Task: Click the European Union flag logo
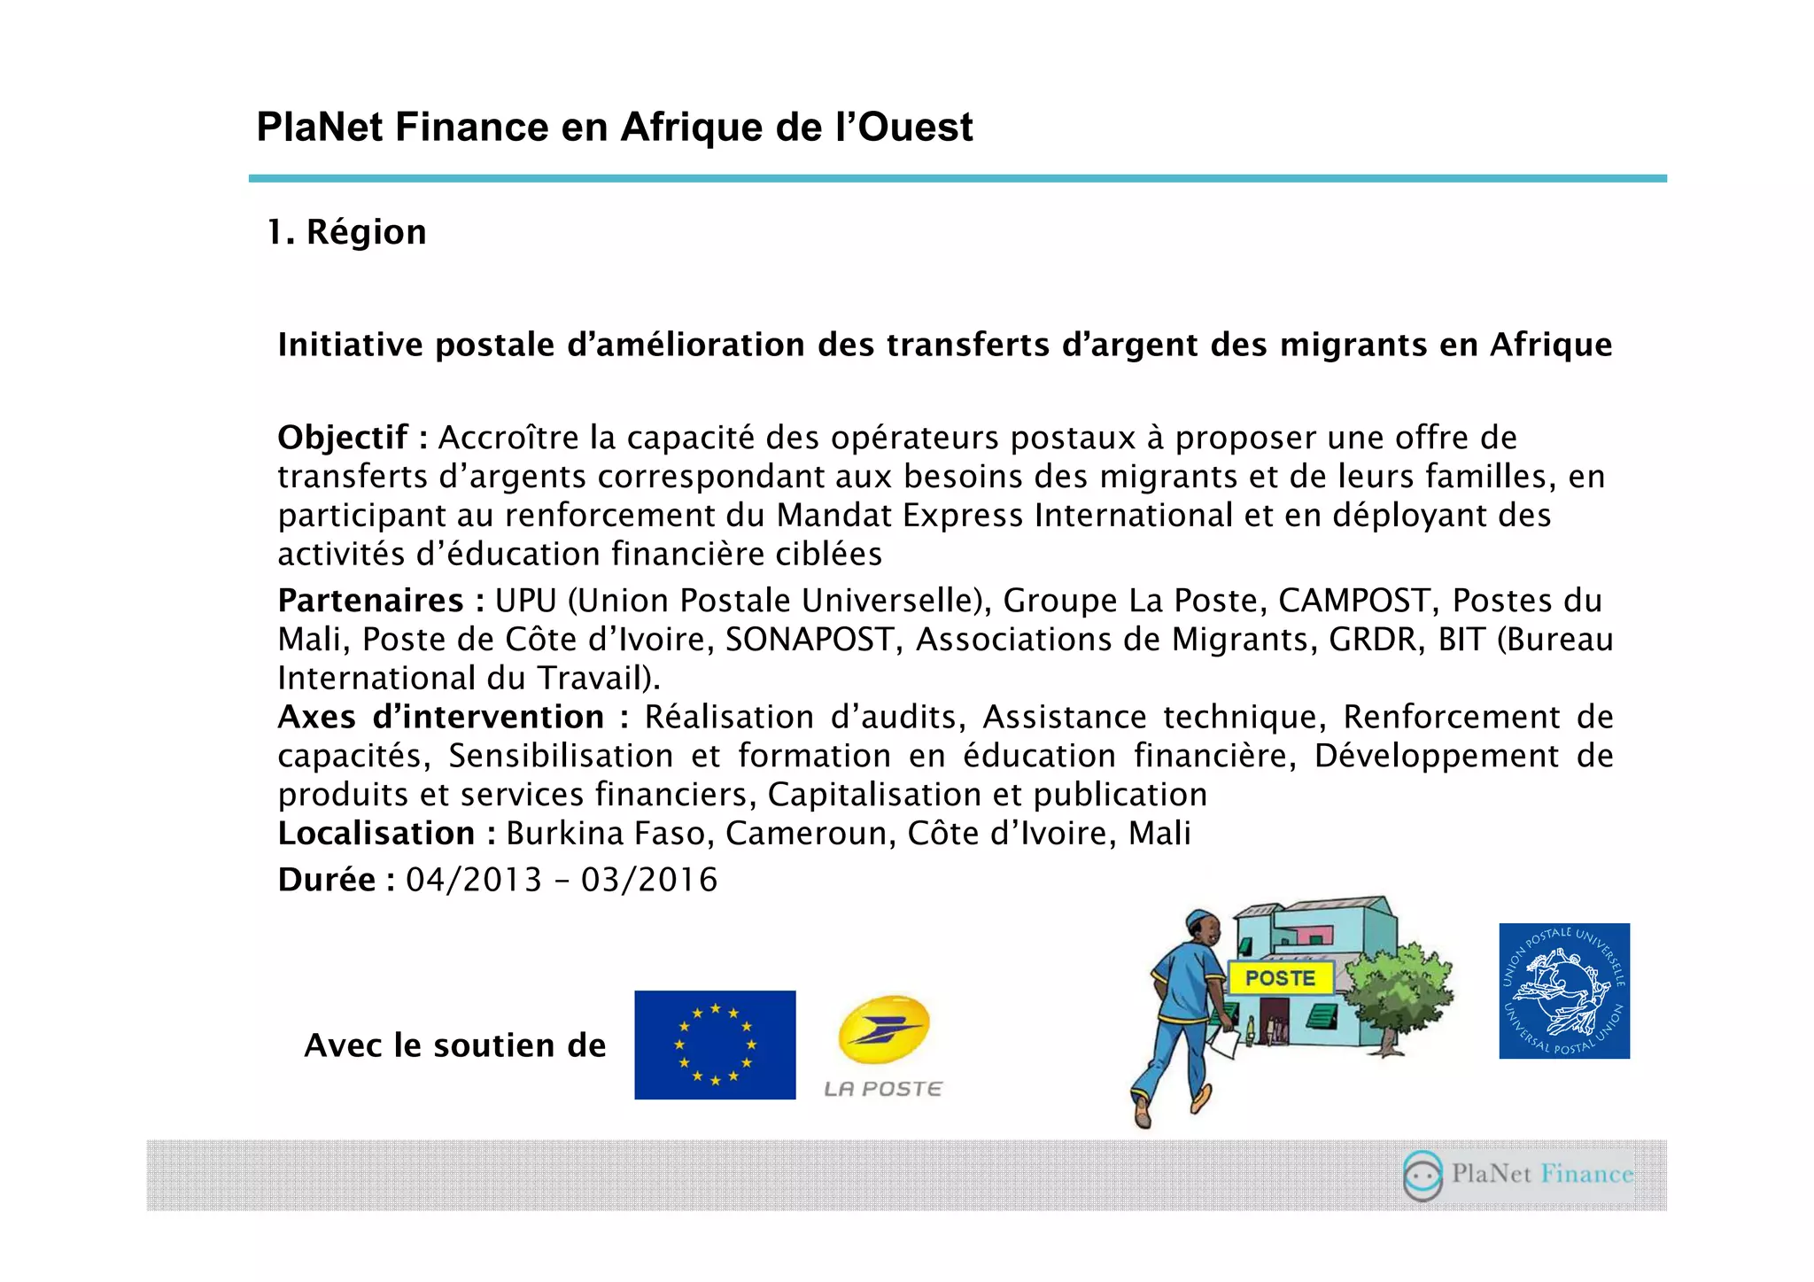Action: click(715, 1045)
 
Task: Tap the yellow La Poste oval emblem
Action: click(884, 1029)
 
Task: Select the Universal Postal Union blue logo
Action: click(1564, 991)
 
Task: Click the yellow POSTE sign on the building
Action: click(1280, 978)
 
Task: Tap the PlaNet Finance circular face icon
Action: click(1423, 1175)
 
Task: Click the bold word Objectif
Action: click(343, 438)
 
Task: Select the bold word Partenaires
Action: click(370, 601)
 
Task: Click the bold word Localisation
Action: click(376, 834)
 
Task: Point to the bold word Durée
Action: click(327, 880)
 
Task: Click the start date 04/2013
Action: click(474, 880)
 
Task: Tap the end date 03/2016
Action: click(649, 880)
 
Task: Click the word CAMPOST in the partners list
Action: click(1354, 601)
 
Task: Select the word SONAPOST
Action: click(810, 640)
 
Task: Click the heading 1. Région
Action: click(347, 232)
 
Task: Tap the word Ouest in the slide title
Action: click(916, 127)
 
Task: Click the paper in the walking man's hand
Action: click(1224, 1044)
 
